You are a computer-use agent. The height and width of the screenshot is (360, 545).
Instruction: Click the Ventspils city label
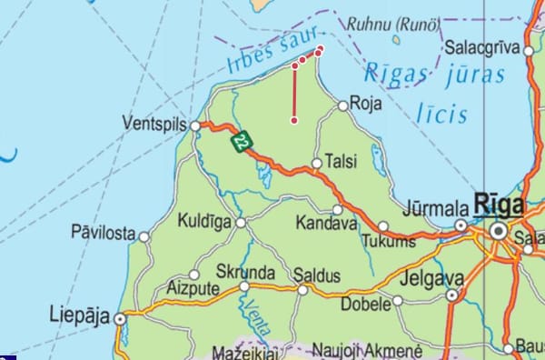point(155,124)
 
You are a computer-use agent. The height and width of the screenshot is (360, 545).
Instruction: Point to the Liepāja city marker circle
point(120,318)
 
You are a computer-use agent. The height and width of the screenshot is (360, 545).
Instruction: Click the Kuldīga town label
point(205,221)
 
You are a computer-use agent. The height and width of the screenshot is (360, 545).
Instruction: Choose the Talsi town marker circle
point(316,164)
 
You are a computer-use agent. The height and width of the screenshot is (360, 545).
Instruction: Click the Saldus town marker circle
point(302,290)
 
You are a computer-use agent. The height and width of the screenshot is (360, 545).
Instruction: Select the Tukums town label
point(388,241)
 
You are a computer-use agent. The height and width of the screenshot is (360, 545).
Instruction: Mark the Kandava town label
point(327,222)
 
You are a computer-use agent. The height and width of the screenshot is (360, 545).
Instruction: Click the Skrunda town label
point(244,272)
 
